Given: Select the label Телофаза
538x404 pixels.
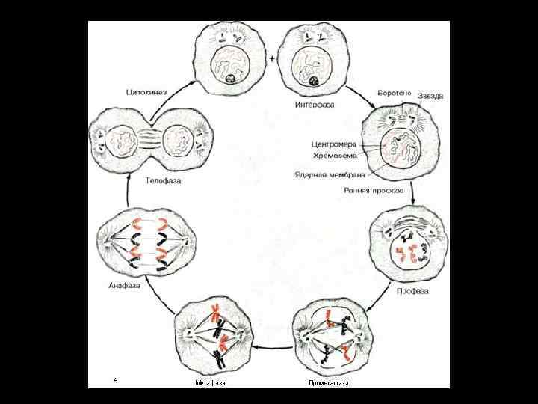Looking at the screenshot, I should pos(162,180).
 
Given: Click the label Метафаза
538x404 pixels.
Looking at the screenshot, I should pos(210,382).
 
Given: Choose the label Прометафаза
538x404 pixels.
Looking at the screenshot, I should pos(329,382).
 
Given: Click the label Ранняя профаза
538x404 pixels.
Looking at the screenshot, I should pos(373,191).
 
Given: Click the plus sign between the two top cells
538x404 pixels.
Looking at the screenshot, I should pos(272,58).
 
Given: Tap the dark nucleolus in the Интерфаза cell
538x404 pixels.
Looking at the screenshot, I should pos(315,80).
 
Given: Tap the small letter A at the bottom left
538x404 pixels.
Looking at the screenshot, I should pos(115,380).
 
